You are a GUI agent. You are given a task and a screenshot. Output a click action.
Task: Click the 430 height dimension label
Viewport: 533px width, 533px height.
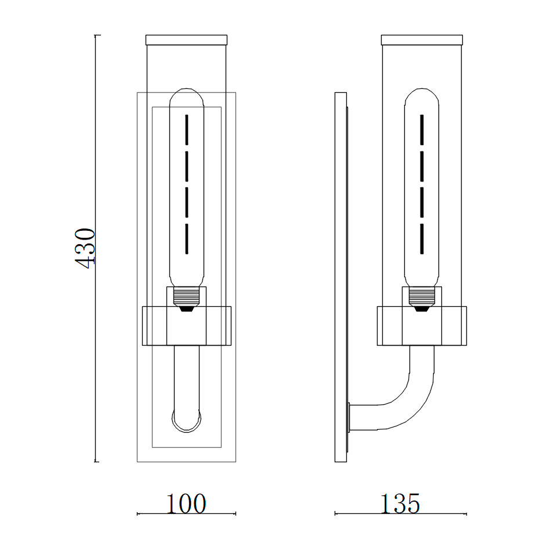(x=85, y=248)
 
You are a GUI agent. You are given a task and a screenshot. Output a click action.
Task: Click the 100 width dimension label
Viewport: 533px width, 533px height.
(x=186, y=504)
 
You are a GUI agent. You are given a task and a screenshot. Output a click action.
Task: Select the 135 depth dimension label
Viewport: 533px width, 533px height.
(x=400, y=503)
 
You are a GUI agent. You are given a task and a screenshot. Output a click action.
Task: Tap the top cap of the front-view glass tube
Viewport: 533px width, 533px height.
(x=186, y=40)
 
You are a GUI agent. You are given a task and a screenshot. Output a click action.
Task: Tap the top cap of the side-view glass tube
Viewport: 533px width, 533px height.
(x=422, y=40)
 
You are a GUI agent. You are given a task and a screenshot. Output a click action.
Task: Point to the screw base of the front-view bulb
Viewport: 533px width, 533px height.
(x=186, y=296)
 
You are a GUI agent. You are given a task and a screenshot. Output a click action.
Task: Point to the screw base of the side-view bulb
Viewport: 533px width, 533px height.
(x=422, y=296)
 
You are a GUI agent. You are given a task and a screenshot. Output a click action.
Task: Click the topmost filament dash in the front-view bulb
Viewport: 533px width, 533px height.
(x=187, y=129)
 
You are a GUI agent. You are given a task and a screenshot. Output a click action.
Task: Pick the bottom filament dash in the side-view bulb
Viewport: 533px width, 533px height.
(x=422, y=238)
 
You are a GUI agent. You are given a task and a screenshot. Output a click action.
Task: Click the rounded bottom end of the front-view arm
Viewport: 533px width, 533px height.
(x=186, y=429)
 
